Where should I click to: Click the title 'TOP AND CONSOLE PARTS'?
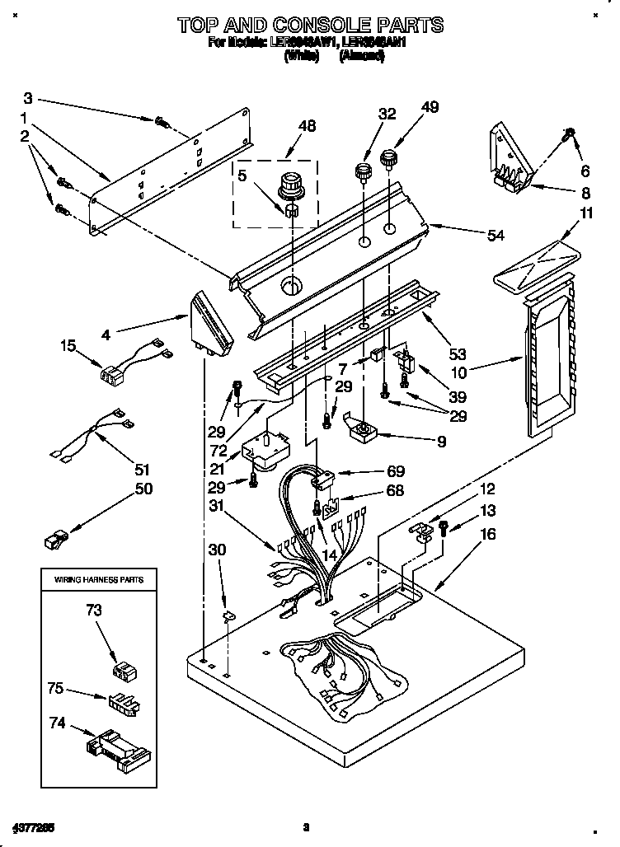(x=311, y=25)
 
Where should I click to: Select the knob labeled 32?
(x=361, y=174)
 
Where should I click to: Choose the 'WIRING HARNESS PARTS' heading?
(x=99, y=580)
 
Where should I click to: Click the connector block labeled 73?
(x=123, y=671)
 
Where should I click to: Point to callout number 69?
(x=395, y=471)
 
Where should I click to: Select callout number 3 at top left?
(x=28, y=96)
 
